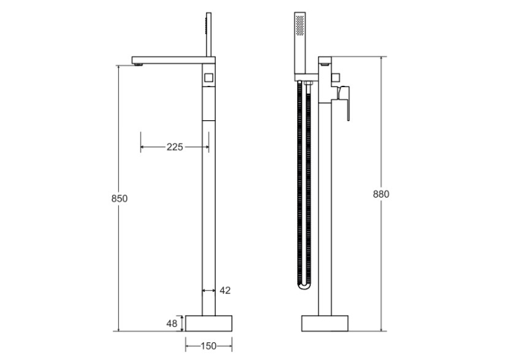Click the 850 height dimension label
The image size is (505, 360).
click(x=119, y=199)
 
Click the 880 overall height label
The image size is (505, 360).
click(x=381, y=194)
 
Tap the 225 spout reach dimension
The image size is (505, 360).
click(x=175, y=147)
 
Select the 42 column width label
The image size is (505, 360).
click(x=225, y=291)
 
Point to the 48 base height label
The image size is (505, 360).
click(x=172, y=323)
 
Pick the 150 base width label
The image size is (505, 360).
click(x=209, y=346)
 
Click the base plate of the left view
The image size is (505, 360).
click(x=209, y=323)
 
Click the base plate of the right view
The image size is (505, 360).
click(x=325, y=323)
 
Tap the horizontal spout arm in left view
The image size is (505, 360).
click(x=173, y=60)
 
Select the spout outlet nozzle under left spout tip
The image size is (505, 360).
click(x=138, y=65)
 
